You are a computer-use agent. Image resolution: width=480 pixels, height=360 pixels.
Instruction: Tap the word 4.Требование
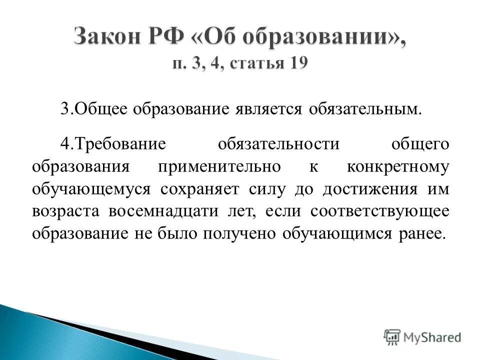[112, 144]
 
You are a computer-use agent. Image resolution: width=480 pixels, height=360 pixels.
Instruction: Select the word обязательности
[279, 144]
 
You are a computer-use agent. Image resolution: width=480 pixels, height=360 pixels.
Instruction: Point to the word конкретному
[398, 166]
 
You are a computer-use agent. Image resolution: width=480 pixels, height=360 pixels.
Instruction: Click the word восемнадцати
[162, 211]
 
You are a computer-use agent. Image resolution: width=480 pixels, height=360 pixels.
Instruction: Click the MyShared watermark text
[432, 337]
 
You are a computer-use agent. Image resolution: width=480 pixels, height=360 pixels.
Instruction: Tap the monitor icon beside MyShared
[392, 336]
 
